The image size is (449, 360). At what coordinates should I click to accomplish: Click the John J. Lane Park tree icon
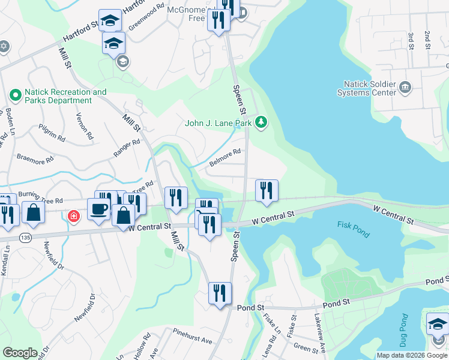coord(261,123)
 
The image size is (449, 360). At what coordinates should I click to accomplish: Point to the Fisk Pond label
coord(354,229)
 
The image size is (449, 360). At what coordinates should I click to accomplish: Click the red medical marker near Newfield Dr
coord(73,215)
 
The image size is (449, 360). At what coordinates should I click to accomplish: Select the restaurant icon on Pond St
coord(220,293)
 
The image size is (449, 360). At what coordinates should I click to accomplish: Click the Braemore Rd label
coord(35,161)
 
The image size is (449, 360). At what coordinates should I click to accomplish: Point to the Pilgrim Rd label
coord(51,133)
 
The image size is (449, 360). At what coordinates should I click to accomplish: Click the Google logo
coord(20,353)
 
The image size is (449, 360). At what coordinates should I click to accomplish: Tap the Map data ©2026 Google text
coord(411,355)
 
